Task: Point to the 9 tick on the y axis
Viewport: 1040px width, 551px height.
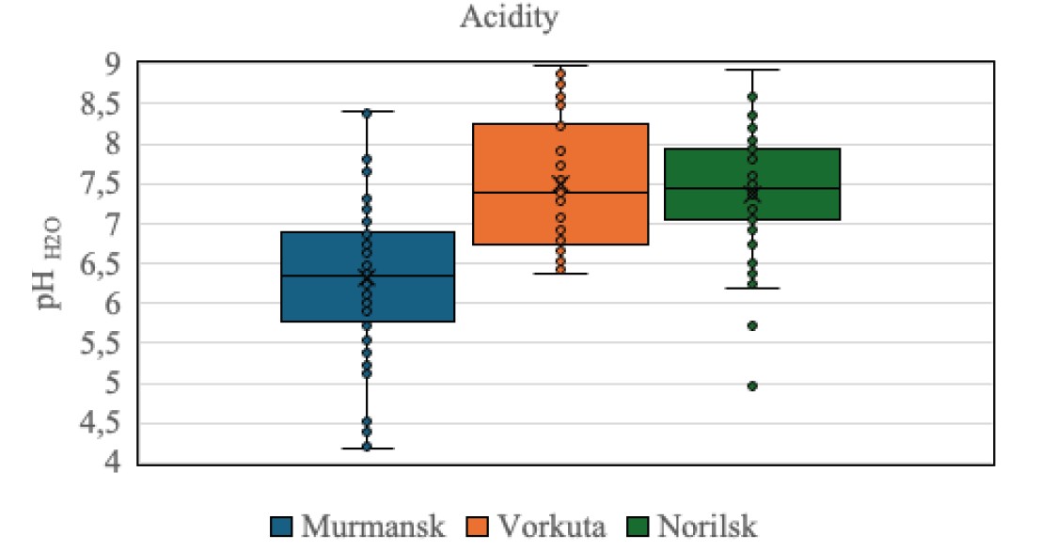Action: [113, 64]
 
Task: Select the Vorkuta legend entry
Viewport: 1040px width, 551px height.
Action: [547, 525]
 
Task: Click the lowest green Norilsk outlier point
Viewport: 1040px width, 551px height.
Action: [752, 386]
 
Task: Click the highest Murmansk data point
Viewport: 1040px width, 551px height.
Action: [367, 113]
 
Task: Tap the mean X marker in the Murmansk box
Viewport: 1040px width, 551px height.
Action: [367, 277]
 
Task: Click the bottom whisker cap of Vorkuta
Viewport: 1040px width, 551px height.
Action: [560, 274]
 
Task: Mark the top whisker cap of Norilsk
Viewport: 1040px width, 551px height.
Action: [752, 70]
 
